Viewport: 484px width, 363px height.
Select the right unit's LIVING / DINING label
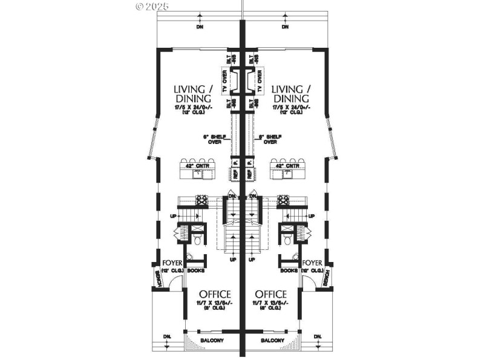pyautogui.click(x=292, y=93)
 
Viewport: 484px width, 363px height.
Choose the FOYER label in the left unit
pyautogui.click(x=173, y=263)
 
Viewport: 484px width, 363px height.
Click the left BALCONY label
pyautogui.click(x=214, y=341)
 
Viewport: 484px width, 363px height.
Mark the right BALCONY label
pyautogui.click(x=273, y=341)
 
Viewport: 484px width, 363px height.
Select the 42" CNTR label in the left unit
pyautogui.click(x=194, y=165)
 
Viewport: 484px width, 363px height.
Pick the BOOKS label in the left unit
pyautogui.click(x=195, y=271)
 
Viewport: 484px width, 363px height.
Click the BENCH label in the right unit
pyautogui.click(x=325, y=278)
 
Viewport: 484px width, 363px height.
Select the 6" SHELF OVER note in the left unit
pyautogui.click(x=215, y=139)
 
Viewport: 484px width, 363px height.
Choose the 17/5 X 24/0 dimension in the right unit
pyautogui.click(x=292, y=108)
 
